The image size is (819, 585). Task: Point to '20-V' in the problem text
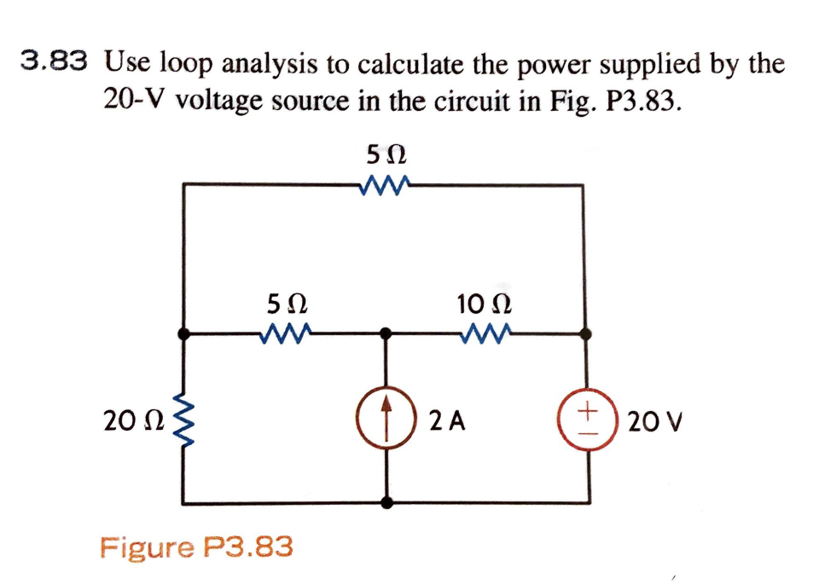pyautogui.click(x=136, y=101)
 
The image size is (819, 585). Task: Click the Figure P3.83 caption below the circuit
pyautogui.click(x=196, y=546)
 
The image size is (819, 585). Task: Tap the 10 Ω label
pyautogui.click(x=484, y=303)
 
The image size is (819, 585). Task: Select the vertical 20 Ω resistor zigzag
pyautogui.click(x=181, y=420)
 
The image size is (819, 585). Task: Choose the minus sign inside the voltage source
pyautogui.click(x=588, y=431)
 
